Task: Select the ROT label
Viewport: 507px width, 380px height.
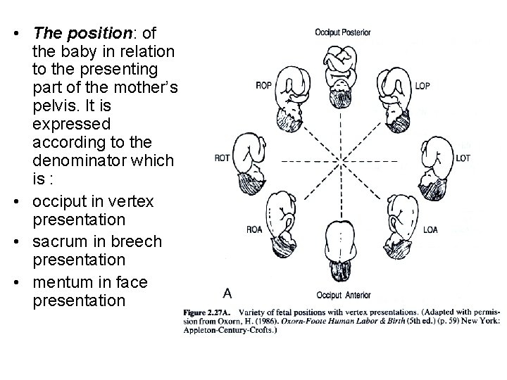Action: [x=223, y=158]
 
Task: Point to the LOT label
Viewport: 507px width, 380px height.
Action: [x=463, y=158]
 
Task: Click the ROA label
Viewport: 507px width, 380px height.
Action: [x=255, y=229]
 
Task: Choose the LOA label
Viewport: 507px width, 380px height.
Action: [x=431, y=229]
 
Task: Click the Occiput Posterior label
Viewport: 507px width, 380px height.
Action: [x=344, y=32]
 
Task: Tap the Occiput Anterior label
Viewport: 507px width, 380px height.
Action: [x=342, y=295]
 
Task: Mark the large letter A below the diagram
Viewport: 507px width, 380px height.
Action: [x=227, y=291]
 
